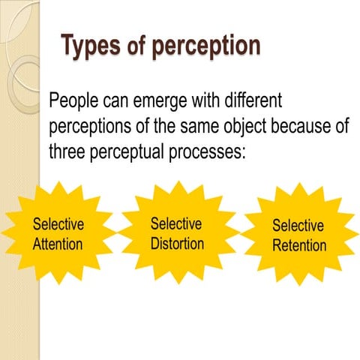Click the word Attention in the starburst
tap(58, 244)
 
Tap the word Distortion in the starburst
tap(177, 243)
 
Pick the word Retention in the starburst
tap(299, 245)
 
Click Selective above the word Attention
tap(58, 224)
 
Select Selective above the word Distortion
tap(176, 223)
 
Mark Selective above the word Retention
tap(298, 226)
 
